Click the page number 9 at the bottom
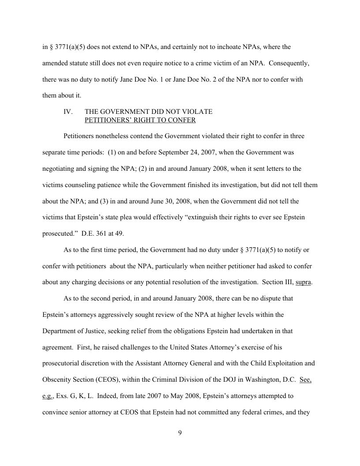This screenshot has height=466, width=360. click(x=180, y=432)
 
